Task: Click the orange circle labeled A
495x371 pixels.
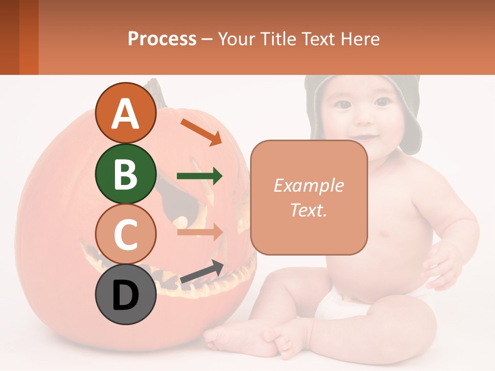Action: tap(125, 113)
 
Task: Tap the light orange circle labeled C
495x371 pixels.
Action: tap(125, 234)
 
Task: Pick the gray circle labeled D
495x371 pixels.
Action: tap(125, 295)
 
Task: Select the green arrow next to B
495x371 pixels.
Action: tap(200, 176)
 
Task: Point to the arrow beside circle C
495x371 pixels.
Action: tap(200, 232)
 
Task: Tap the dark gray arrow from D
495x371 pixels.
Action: tap(202, 272)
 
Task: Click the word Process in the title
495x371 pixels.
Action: tap(162, 39)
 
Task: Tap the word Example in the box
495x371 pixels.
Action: tap(308, 185)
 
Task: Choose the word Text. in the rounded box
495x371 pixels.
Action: tap(308, 210)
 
